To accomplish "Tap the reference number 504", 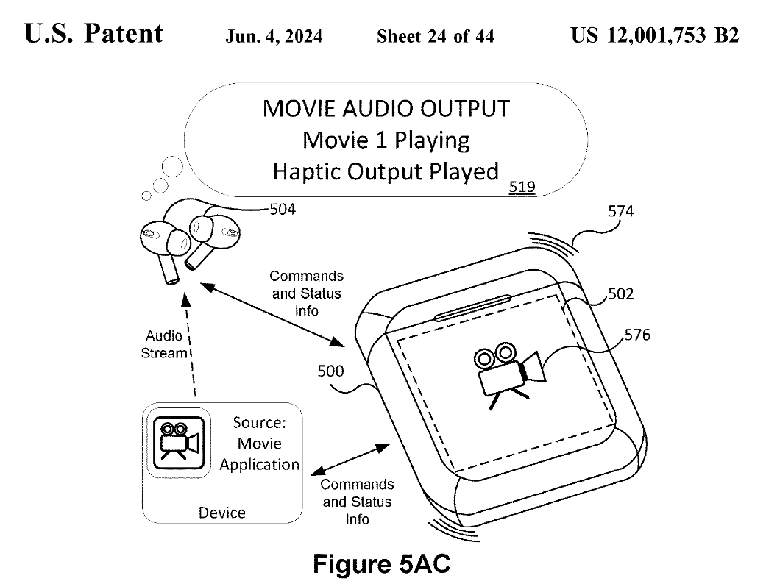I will [283, 210].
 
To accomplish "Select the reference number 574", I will [620, 212].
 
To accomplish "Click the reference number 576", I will [637, 335].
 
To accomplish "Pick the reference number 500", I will [330, 371].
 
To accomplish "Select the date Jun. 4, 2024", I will [274, 37].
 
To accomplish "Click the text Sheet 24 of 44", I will [435, 37].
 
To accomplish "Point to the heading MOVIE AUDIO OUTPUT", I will [386, 109].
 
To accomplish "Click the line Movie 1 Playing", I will [386, 140].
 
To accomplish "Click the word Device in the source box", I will [222, 513].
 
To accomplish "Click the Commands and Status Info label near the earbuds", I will [306, 293].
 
